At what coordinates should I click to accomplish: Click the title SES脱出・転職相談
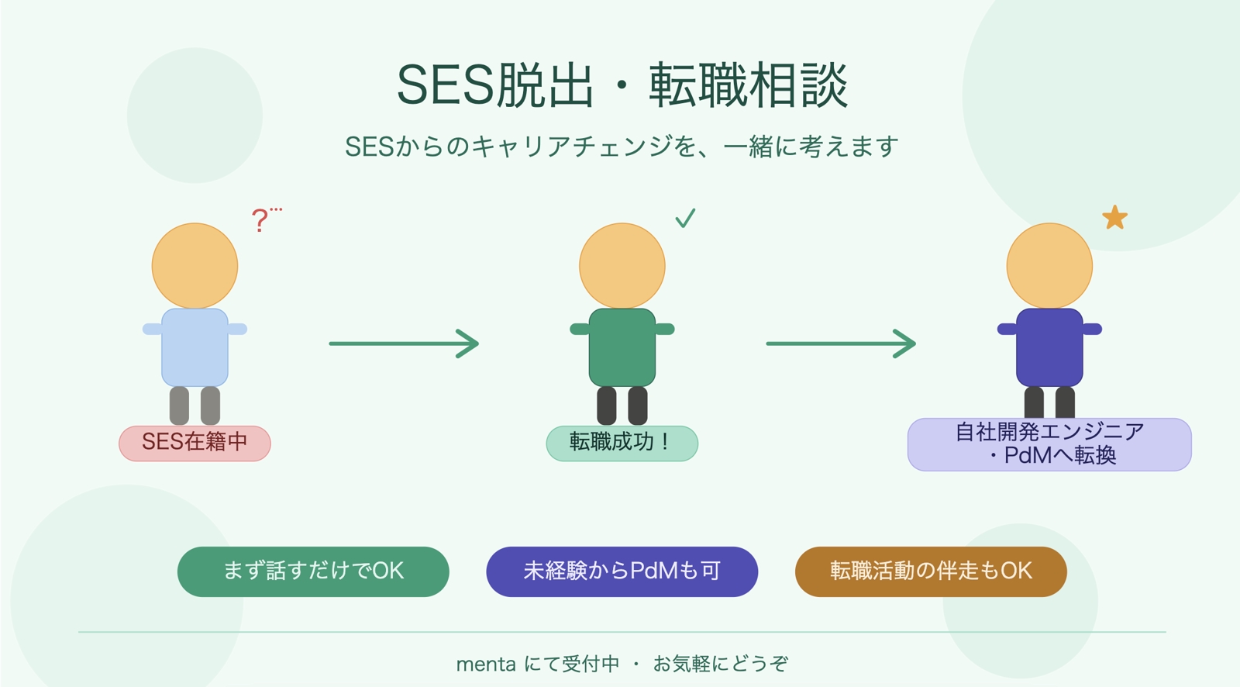tap(622, 85)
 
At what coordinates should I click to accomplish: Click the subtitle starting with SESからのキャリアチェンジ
tap(622, 146)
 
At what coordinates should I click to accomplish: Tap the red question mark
tap(260, 220)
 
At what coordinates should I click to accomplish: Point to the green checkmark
tap(685, 218)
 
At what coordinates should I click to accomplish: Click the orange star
tap(1114, 218)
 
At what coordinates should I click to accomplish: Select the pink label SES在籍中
tap(195, 443)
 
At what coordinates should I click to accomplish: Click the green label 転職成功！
tap(622, 443)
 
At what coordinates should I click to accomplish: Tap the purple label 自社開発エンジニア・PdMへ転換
tap(1049, 444)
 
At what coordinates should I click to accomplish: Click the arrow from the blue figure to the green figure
tap(404, 343)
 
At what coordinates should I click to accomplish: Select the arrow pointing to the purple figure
tap(841, 343)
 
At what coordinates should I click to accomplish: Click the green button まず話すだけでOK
tap(313, 571)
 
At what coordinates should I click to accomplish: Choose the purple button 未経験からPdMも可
tap(622, 571)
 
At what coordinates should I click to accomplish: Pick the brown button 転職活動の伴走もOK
tap(931, 571)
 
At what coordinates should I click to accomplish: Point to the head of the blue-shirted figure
tap(195, 265)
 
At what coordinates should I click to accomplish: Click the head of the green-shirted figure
tap(622, 265)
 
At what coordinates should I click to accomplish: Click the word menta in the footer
tap(486, 665)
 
